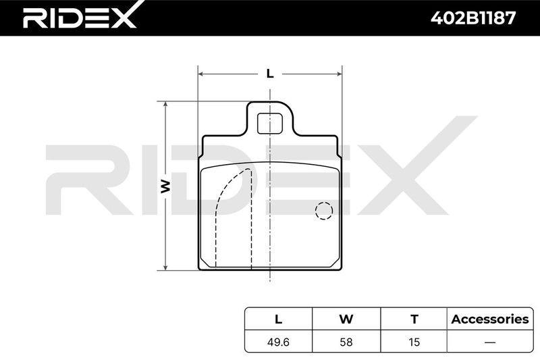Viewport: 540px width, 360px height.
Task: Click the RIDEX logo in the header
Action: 80,16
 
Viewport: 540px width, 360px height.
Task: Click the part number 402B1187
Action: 473,18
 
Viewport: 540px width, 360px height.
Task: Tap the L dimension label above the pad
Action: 270,74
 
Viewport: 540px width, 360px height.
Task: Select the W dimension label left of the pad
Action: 166,186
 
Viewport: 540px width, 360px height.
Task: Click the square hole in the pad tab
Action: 270,124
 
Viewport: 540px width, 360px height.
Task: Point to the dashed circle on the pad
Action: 324,211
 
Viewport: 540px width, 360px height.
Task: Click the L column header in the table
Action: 278,319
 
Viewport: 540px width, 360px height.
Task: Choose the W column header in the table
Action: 346,319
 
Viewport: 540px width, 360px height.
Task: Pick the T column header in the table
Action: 414,319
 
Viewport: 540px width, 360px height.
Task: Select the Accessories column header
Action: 490,319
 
